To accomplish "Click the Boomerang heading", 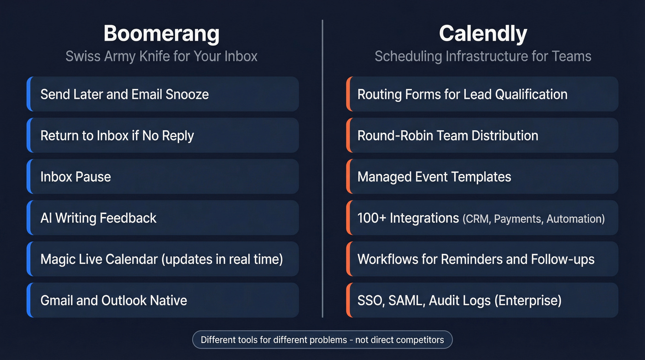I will pos(161,34).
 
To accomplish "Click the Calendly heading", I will pos(483,34).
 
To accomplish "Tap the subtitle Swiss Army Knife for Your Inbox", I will pos(161,56).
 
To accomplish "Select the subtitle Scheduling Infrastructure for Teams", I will pos(483,56).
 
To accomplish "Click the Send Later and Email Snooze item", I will pos(124,94).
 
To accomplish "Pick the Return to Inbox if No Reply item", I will pos(117,136).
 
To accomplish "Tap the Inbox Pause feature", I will pos(76,177).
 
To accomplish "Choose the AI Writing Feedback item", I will pos(99,218).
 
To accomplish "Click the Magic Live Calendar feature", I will pos(161,259).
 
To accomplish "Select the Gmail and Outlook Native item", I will pos(114,301).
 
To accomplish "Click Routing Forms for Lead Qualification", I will pos(462,94).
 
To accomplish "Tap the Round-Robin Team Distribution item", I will pos(448,136).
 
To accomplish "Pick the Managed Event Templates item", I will pos(434,177).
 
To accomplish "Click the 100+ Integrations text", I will pos(408,218).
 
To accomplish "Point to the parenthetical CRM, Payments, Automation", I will pos(534,218).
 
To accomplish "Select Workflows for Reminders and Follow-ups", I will pos(476,259).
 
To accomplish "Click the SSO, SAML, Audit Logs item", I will pos(459,301).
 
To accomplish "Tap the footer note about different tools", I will pos(322,340).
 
